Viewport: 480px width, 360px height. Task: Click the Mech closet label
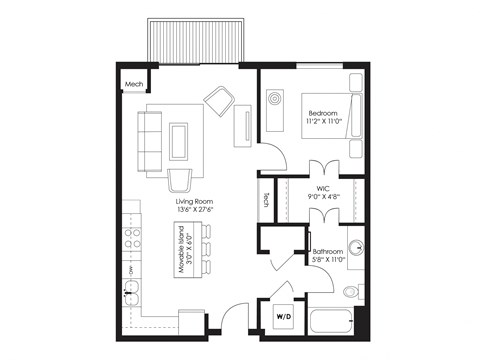point(133,83)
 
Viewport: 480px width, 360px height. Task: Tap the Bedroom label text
point(322,114)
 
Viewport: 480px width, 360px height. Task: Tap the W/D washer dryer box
point(283,318)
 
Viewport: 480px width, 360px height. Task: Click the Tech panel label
point(266,200)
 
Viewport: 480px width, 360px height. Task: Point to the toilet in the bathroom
point(351,291)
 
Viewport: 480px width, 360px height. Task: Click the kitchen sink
point(131,296)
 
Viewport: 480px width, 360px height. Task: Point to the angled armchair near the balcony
point(220,99)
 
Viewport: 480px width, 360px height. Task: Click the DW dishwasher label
point(131,270)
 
